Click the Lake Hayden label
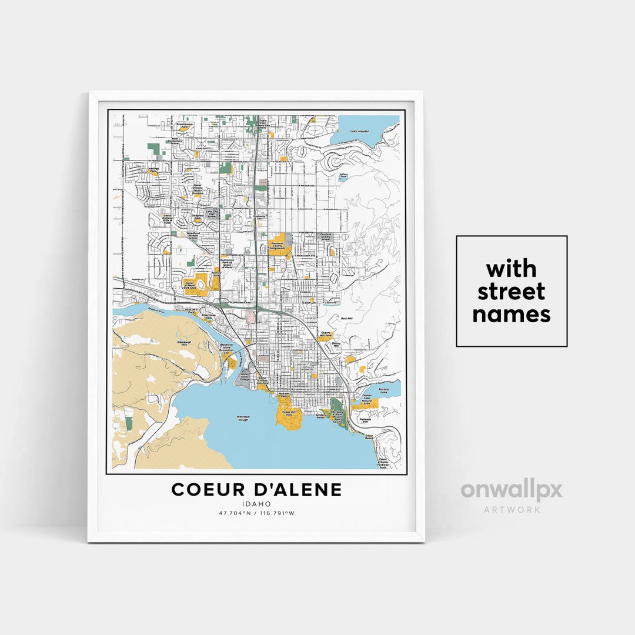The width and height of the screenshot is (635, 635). pos(360,131)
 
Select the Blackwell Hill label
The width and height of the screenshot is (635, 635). pos(183,343)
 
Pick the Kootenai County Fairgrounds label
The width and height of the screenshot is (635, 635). pos(277,246)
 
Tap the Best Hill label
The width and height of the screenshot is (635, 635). pos(346,319)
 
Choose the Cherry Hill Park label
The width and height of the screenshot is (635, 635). pos(325,335)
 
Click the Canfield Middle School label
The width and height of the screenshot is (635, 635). pos(326,236)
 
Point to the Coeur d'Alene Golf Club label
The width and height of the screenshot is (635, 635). pos(190,284)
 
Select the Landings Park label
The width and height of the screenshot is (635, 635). pos(153,170)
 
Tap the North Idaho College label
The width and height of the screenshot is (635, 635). pos(245,377)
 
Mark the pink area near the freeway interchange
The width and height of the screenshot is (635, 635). pos(251,317)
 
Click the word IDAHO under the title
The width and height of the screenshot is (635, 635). pos(256,504)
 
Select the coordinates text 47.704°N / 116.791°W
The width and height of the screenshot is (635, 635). pos(256,513)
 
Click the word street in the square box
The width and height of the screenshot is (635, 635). pos(511,292)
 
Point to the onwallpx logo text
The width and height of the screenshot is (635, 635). pos(511,491)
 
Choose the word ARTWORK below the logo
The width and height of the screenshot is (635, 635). pos(512,510)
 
